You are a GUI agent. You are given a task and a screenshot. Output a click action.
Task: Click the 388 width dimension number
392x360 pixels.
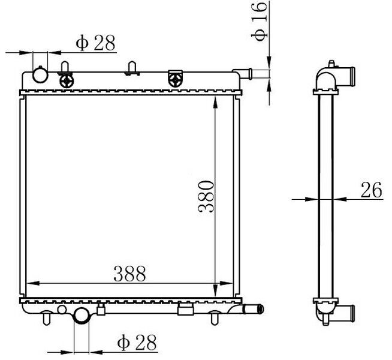[128, 274]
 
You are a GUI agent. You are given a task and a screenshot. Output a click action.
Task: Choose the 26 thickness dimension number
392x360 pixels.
[371, 190]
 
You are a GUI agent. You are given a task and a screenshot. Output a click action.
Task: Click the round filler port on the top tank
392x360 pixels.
[41, 75]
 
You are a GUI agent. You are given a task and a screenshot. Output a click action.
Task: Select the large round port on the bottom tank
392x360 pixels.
[81, 316]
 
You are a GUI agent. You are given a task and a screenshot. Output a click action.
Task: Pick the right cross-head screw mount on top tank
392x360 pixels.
[175, 78]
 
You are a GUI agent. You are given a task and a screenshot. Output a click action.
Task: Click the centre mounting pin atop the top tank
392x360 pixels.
[132, 68]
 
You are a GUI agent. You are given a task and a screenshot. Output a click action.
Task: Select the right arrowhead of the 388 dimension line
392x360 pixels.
[225, 283]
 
